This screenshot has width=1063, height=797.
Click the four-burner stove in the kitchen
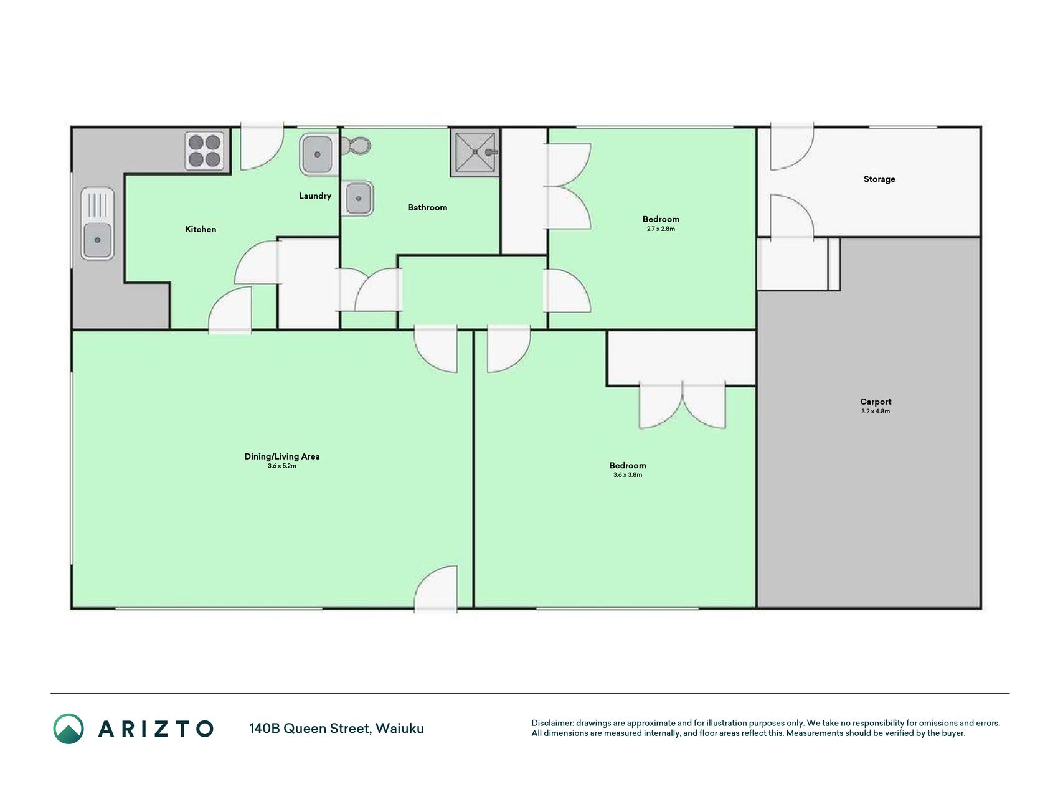[x=205, y=151]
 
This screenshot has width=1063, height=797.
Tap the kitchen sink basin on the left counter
[x=97, y=240]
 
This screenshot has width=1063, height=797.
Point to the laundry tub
[x=318, y=154]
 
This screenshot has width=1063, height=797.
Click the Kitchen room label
[x=201, y=229]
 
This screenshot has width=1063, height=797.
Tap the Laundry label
[x=315, y=196]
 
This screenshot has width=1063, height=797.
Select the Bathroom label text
[x=427, y=207]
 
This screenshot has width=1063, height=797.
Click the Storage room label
[x=879, y=179]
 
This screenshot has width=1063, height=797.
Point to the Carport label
[x=876, y=402]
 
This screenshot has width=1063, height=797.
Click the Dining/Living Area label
[x=282, y=456]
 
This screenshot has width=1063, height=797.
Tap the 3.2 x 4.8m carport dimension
[x=876, y=412]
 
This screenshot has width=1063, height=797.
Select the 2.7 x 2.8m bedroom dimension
[x=661, y=229]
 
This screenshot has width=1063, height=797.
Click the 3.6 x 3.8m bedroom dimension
[x=628, y=475]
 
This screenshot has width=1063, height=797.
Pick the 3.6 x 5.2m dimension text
[x=282, y=466]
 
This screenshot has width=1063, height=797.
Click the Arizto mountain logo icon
[x=69, y=729]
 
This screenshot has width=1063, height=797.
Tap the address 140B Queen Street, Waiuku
[x=336, y=729]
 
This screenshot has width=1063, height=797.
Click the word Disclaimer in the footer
[x=552, y=723]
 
